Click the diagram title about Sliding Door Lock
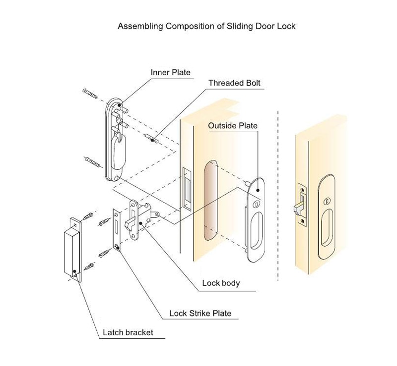[x=206, y=26]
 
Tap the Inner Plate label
[x=170, y=72]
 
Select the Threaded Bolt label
[x=234, y=83]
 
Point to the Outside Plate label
[x=233, y=126]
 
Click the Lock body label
[x=221, y=283]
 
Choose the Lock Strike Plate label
[x=200, y=313]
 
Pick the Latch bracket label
[x=127, y=332]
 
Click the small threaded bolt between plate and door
[x=151, y=138]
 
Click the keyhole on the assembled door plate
[x=327, y=201]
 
